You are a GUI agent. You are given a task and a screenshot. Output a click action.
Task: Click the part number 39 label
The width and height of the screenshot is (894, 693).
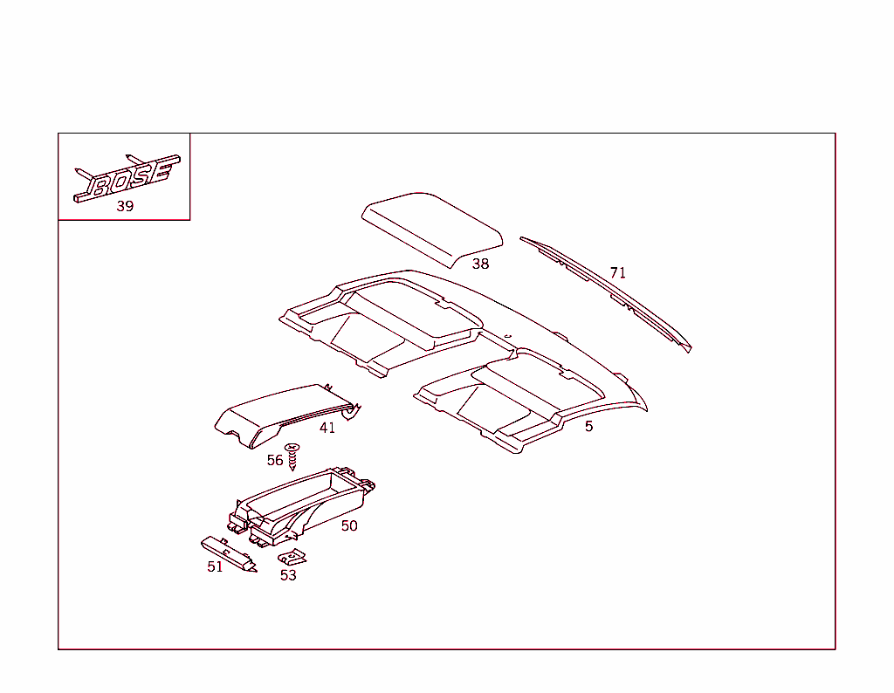click(x=125, y=206)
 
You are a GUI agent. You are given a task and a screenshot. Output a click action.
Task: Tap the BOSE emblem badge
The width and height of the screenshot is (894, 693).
click(x=127, y=178)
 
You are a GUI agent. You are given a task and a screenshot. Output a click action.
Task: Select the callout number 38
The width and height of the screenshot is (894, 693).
click(x=481, y=264)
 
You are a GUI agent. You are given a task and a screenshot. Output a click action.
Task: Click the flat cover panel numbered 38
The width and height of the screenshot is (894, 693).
click(x=432, y=229)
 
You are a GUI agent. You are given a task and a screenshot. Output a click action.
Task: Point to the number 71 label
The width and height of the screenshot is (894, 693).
click(x=618, y=273)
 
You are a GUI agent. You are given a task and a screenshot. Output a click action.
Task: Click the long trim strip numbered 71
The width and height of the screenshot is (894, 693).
click(x=606, y=293)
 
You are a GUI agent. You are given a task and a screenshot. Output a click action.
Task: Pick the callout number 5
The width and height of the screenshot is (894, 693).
click(x=589, y=426)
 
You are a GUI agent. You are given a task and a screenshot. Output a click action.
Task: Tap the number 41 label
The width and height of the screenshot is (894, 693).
click(x=327, y=428)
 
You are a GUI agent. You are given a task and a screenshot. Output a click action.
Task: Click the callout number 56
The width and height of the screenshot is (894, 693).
click(x=275, y=461)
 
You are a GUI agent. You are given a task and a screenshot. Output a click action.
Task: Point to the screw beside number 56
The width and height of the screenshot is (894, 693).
click(x=292, y=456)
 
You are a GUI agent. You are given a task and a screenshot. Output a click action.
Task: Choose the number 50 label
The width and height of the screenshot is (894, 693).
click(x=349, y=526)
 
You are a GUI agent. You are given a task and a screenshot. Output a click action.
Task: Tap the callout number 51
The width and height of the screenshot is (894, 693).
click(x=215, y=567)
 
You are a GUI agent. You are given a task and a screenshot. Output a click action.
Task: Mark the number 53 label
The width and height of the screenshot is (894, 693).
click(x=288, y=575)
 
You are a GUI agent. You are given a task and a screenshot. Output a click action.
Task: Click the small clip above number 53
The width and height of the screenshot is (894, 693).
click(x=292, y=557)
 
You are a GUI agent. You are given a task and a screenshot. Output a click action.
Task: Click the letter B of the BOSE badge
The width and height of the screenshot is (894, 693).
click(x=100, y=186)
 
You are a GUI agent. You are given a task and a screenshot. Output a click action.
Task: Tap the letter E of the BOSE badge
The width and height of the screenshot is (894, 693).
click(x=162, y=172)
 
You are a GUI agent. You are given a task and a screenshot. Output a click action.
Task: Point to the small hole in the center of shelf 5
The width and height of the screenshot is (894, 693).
click(x=507, y=336)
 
